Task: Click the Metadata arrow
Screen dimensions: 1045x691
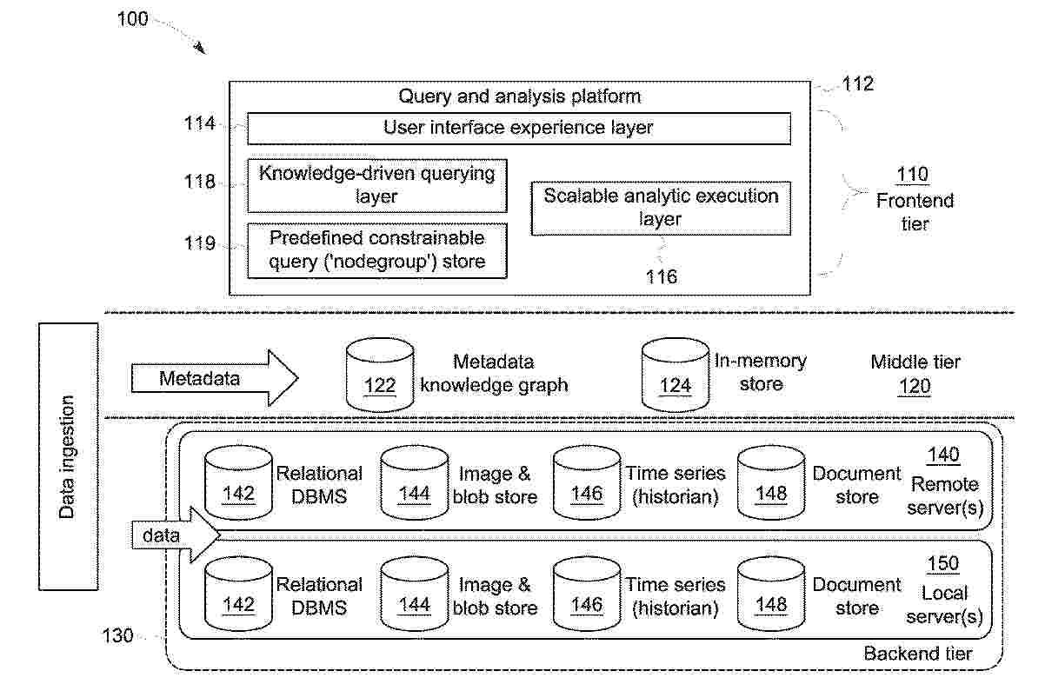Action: coord(215,378)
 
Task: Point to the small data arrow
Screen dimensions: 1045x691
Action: coord(176,535)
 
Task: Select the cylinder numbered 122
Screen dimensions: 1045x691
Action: coord(380,375)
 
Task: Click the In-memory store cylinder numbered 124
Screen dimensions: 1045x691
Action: coord(675,375)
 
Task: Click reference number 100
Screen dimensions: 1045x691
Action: coord(132,19)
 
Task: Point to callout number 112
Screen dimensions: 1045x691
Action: coord(857,84)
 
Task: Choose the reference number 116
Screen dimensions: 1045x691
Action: coord(661,277)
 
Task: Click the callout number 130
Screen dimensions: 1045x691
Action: coord(117,635)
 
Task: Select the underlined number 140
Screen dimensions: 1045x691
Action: coord(942,455)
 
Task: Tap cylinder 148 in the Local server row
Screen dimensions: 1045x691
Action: coord(771,594)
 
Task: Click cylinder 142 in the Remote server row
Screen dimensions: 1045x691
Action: coord(238,482)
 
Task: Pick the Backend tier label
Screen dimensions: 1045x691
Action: coord(918,654)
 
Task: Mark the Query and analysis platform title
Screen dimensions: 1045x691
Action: coord(519,96)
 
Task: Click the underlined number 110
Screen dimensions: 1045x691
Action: coord(913,175)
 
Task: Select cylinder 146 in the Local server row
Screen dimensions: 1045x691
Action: coord(587,594)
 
